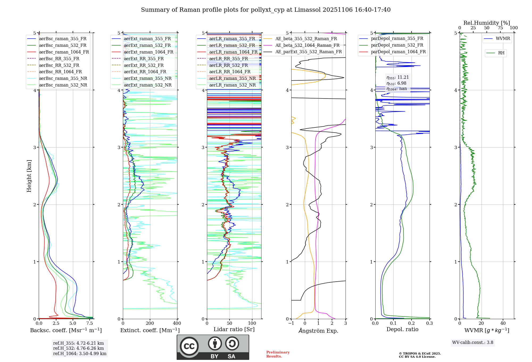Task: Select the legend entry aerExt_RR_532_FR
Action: tap(144, 65)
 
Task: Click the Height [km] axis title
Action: tap(29, 176)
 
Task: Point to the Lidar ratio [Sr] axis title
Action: tap(234, 329)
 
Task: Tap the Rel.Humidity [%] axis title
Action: tap(487, 23)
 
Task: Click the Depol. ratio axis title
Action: tap(402, 329)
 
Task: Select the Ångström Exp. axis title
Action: tap(318, 331)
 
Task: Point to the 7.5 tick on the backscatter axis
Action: tap(90, 323)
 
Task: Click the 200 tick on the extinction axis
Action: tap(150, 323)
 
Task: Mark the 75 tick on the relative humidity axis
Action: tap(500, 28)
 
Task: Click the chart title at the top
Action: tap(266, 10)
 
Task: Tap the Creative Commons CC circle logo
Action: tap(189, 346)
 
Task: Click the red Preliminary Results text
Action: tap(278, 354)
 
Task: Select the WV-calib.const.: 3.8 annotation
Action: tap(473, 343)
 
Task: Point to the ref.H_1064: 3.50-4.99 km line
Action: tap(80, 354)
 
